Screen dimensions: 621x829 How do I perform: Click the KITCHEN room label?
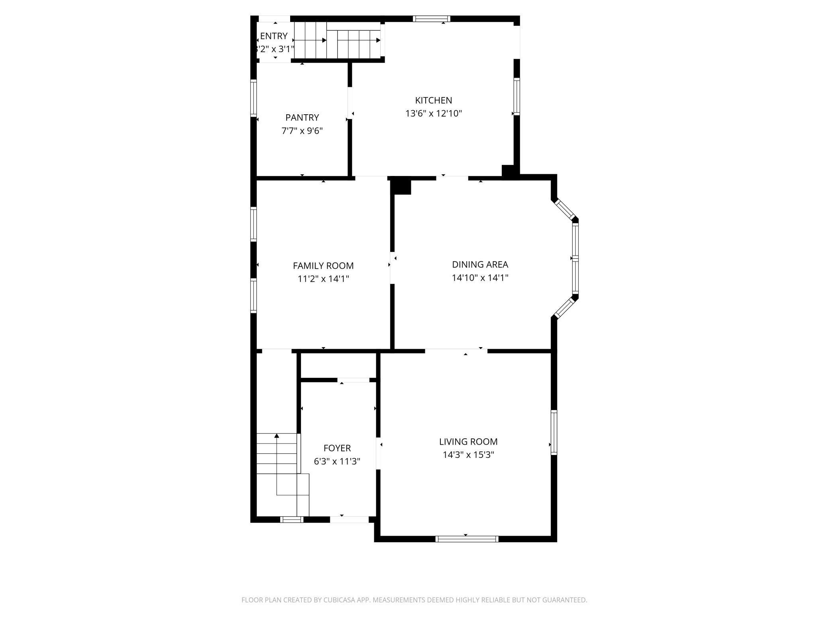click(x=433, y=100)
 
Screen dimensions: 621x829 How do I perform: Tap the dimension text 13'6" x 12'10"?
click(x=433, y=113)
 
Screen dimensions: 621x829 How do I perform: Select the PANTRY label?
click(x=302, y=117)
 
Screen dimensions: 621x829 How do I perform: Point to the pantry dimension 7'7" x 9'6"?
click(x=302, y=131)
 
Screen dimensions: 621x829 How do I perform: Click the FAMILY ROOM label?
click(x=323, y=266)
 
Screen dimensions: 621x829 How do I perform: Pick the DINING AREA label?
click(x=480, y=264)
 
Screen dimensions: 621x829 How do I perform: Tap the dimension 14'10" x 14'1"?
click(x=480, y=277)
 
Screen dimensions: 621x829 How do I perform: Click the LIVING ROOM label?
click(x=468, y=441)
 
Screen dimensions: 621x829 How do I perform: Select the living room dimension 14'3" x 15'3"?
click(x=468, y=455)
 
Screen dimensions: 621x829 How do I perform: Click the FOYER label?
click(x=337, y=448)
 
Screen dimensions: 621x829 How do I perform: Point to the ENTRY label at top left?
click(x=274, y=36)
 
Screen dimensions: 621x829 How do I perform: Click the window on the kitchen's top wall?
click(x=431, y=19)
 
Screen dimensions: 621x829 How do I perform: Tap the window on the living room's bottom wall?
click(x=467, y=539)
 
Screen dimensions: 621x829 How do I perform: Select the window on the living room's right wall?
click(x=554, y=432)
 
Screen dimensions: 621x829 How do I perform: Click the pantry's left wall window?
click(x=253, y=98)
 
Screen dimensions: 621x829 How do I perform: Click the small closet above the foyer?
click(x=338, y=365)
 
